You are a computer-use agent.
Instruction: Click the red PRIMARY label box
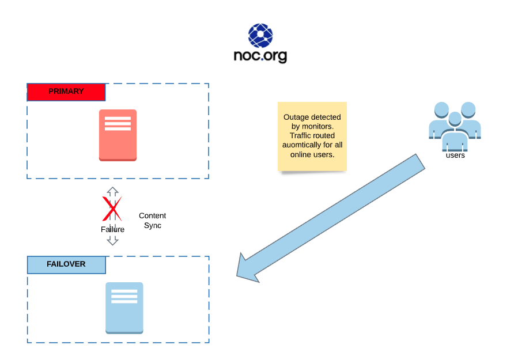(66, 92)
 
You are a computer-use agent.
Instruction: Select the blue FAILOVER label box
(67, 264)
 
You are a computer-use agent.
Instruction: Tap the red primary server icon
(118, 135)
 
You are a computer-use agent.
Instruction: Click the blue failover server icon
(124, 308)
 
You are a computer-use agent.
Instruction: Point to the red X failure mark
(112, 209)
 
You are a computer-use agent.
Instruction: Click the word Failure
(112, 229)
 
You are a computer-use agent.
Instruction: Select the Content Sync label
(153, 221)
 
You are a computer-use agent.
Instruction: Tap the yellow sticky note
(312, 137)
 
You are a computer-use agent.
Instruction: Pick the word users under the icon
(455, 156)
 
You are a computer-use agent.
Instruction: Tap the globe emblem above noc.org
(260, 35)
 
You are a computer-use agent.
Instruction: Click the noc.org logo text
(260, 56)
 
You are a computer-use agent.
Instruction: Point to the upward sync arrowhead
(113, 191)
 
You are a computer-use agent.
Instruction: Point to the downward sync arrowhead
(113, 241)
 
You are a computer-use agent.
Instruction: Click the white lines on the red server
(118, 124)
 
